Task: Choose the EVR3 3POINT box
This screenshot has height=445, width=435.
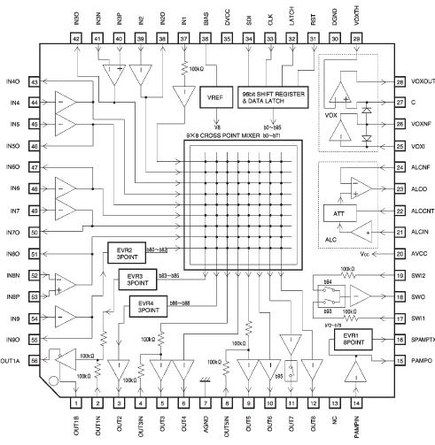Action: tap(136, 280)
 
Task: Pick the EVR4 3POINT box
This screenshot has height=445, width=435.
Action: tap(146, 307)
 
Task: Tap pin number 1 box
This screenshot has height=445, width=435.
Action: tap(74, 403)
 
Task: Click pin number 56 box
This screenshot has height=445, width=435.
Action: tap(35, 360)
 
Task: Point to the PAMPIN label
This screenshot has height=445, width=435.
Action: tap(358, 428)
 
